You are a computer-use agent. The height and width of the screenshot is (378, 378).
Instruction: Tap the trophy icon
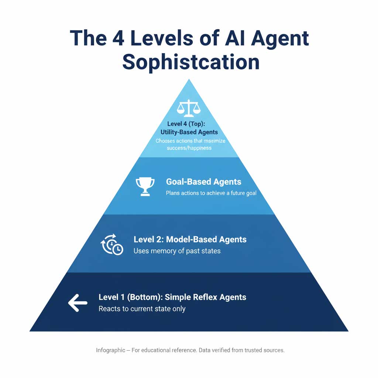145,186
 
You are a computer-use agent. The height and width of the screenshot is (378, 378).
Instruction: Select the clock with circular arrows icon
112,245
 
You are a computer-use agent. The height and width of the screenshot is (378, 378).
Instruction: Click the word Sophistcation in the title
191,62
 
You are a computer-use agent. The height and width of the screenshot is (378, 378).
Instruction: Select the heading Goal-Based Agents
203,182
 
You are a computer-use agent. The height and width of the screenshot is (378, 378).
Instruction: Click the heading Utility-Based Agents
189,132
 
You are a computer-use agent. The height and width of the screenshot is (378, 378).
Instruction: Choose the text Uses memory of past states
177,251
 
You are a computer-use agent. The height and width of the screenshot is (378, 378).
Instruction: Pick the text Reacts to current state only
142,309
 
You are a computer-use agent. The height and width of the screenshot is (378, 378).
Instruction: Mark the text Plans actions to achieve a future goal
211,193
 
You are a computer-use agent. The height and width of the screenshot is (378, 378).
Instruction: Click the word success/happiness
189,148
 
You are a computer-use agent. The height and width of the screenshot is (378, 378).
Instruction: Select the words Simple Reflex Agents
206,297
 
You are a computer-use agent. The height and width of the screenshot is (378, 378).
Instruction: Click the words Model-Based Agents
206,239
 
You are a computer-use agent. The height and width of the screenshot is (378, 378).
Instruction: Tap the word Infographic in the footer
110,350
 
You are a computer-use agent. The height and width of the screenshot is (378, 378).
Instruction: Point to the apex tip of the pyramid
189,80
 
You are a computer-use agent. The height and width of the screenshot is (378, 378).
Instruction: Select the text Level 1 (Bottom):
130,297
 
